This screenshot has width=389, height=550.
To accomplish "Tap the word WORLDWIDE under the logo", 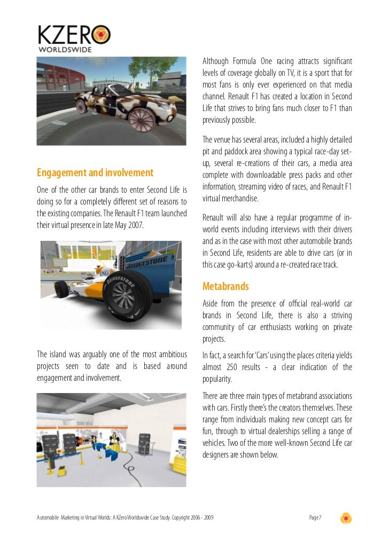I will (x=64, y=49).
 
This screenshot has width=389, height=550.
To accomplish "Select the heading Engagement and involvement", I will (x=95, y=173).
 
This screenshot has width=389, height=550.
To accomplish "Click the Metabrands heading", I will (x=225, y=287).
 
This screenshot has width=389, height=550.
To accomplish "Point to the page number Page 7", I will (x=315, y=517).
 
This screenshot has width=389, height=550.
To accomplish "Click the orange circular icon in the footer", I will (x=346, y=517).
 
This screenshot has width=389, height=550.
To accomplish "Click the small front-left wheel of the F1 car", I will (x=61, y=289).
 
